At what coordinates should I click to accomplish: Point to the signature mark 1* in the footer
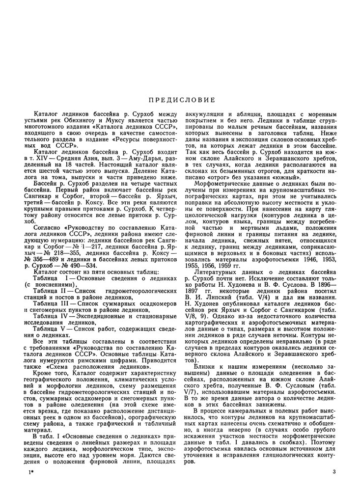coord(30,472)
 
